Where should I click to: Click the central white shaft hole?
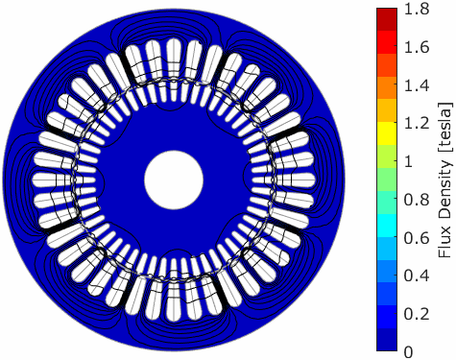tap(174, 180)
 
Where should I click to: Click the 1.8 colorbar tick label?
tap(417, 10)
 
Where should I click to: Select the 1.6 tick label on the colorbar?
tap(417, 47)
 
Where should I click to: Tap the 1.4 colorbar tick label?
tap(417, 85)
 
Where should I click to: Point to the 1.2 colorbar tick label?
tap(417, 124)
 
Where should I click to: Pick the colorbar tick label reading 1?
tap(408, 161)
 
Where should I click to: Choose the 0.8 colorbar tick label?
tap(417, 200)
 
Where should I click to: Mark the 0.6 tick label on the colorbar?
tap(417, 238)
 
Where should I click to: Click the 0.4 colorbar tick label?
tap(417, 276)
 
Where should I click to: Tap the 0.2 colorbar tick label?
tap(417, 314)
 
